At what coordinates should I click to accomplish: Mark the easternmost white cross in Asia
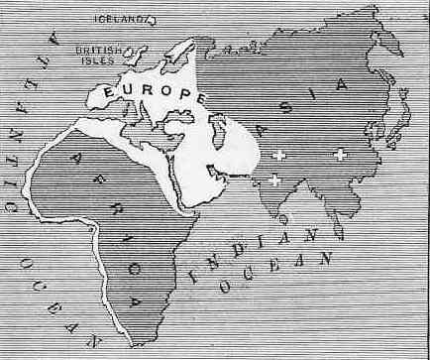(x=340, y=154)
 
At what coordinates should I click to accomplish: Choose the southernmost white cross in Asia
(x=274, y=180)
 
